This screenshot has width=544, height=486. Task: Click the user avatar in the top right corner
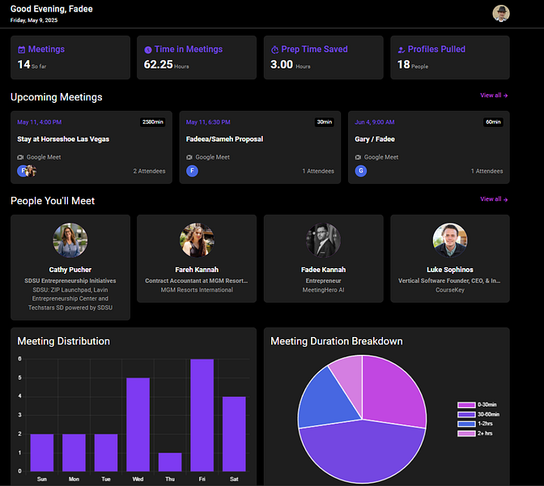pos(501,13)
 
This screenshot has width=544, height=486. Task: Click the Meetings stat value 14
pos(23,65)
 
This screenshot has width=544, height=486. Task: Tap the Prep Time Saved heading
pos(314,49)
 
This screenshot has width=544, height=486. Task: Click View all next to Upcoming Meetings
pos(493,96)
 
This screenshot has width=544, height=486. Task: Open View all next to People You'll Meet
pos(493,199)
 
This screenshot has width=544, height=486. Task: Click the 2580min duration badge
pos(152,122)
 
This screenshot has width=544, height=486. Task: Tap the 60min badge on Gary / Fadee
pos(493,122)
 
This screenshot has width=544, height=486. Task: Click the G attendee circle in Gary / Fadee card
pos(361,171)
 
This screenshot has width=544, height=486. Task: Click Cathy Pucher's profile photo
pos(70,241)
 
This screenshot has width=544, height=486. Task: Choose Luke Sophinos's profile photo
pos(449,241)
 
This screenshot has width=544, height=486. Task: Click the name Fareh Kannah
pos(197,270)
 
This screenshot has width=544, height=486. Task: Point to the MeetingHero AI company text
pos(324,289)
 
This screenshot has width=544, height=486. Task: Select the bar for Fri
pos(202,416)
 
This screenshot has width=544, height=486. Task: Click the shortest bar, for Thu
pos(170,462)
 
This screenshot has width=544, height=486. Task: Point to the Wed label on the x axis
pos(138,479)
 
